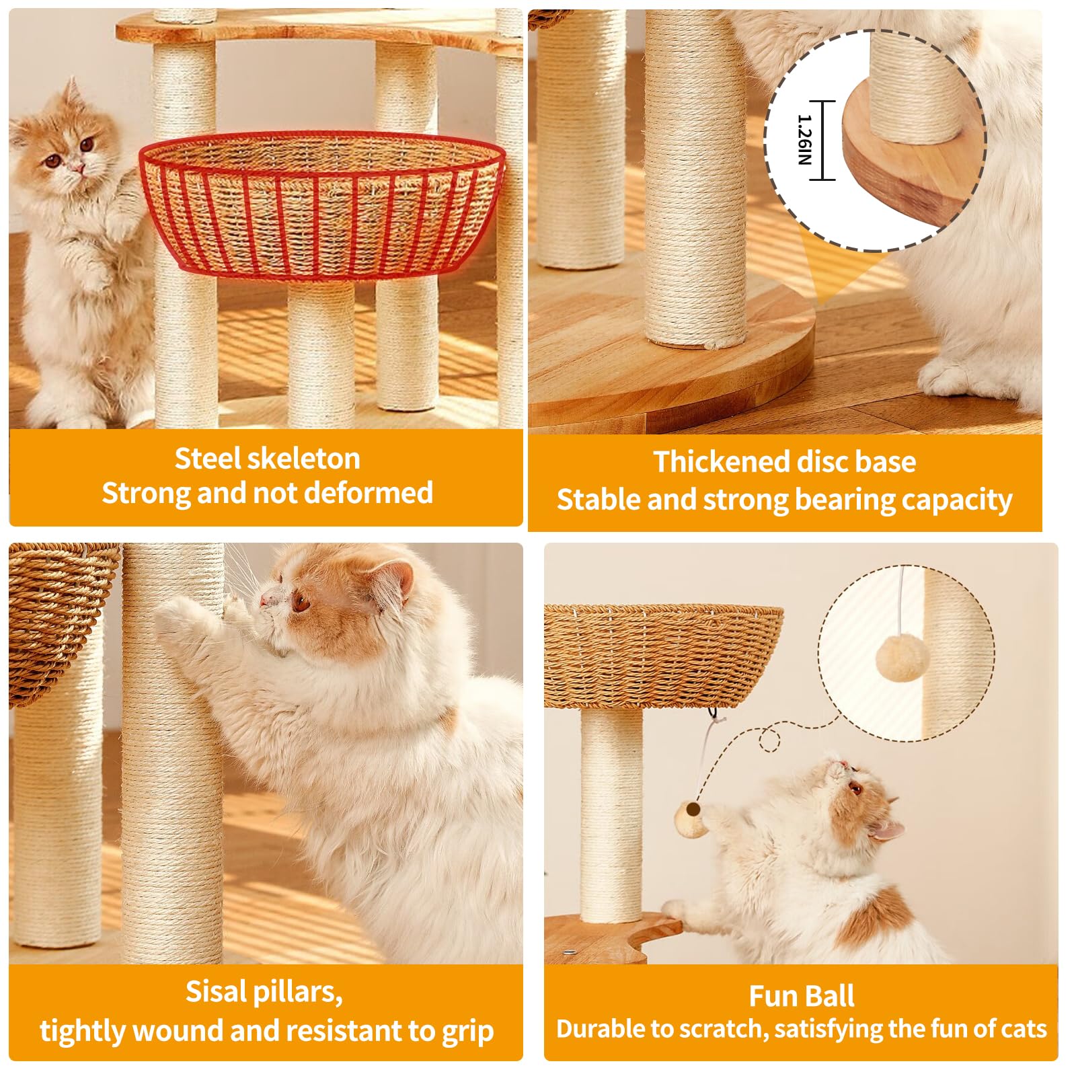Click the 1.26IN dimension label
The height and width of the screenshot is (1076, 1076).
(x=804, y=140)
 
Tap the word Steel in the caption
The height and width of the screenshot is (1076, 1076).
(x=207, y=459)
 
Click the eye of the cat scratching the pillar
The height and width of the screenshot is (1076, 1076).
(x=300, y=601)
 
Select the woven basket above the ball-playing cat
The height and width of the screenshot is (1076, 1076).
(x=662, y=656)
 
